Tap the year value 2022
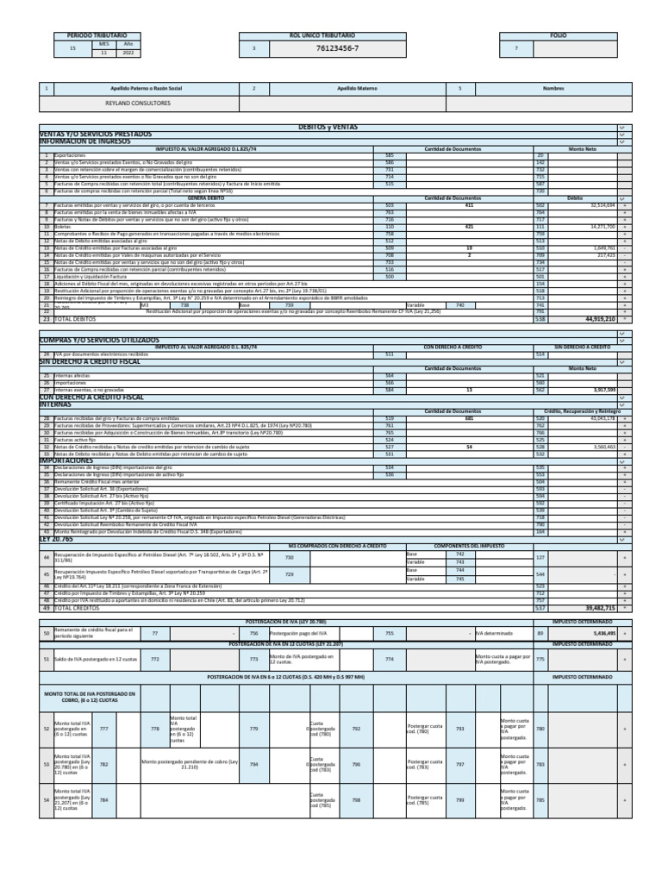click(x=128, y=52)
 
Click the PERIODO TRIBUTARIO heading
click(x=91, y=35)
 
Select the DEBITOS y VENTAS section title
click(x=328, y=127)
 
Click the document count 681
click(x=469, y=417)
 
